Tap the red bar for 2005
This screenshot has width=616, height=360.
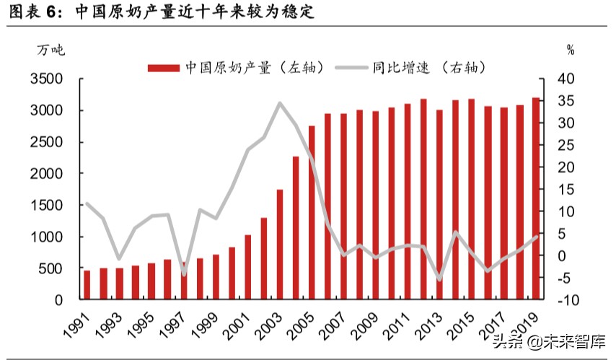[312, 212]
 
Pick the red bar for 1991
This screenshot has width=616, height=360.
[87, 284]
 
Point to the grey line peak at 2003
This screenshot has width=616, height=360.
[280, 103]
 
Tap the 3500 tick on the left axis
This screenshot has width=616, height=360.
[47, 79]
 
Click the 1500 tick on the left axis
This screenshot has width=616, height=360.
[47, 206]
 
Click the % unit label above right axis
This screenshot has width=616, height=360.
[570, 50]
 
